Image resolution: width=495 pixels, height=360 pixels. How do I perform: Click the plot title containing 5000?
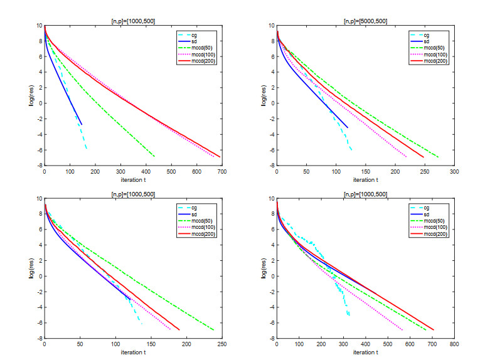coord(365,21)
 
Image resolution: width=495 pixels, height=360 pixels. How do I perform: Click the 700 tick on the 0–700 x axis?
coord(221,171)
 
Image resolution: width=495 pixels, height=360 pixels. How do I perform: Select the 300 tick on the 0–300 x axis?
coord(454,171)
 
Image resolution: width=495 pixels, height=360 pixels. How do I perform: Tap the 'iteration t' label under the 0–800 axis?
coord(365,352)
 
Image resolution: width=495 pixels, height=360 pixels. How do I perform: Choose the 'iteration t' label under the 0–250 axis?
coord(132,352)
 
